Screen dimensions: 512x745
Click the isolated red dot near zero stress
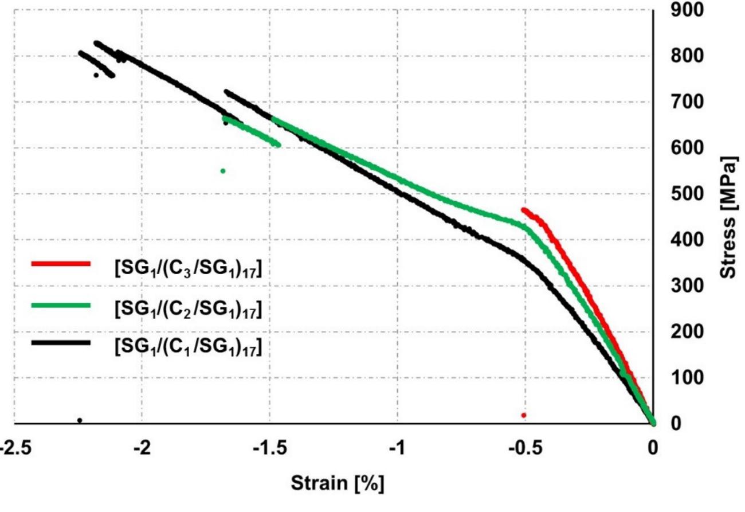pyautogui.click(x=524, y=415)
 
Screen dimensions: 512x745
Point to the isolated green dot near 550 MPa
pyautogui.click(x=223, y=171)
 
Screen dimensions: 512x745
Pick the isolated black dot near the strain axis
pyautogui.click(x=80, y=420)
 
